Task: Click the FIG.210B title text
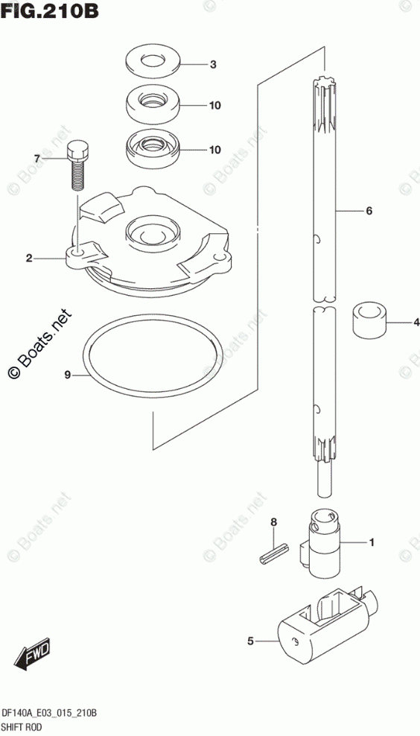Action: pos(49,10)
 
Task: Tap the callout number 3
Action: pos(212,65)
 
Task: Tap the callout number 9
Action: pos(68,375)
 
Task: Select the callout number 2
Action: pos(29,258)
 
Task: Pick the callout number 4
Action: pos(416,323)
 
